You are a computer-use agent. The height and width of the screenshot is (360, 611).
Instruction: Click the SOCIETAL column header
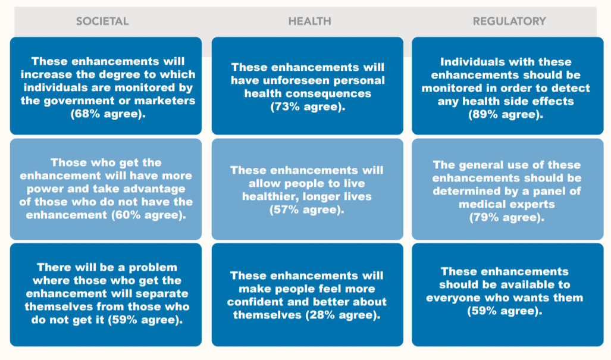(x=102, y=21)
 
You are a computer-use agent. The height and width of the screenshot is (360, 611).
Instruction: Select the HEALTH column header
(x=310, y=21)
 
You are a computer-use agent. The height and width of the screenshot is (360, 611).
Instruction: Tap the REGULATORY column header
(x=509, y=21)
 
